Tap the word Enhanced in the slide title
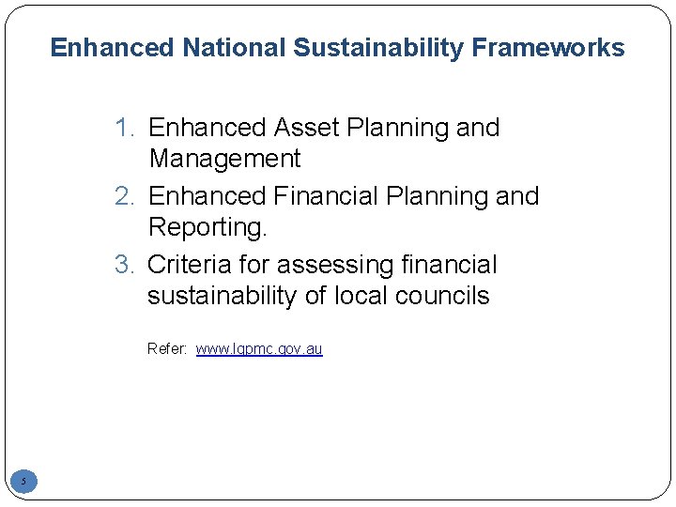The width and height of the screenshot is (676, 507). (112, 48)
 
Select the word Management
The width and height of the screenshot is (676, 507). (224, 159)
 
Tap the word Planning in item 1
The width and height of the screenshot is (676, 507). (397, 128)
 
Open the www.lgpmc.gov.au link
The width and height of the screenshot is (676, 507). (259, 349)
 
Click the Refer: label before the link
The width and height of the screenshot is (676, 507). (168, 349)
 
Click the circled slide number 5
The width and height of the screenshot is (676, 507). (24, 482)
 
